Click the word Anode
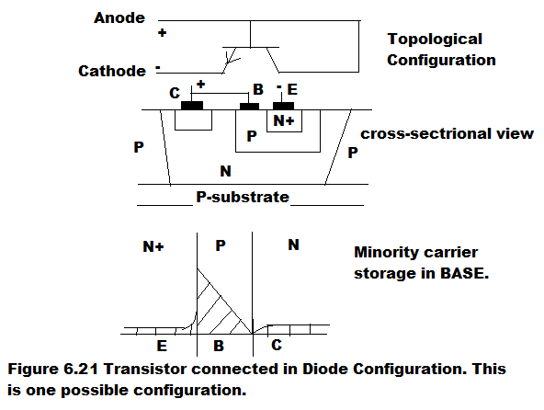(119, 17)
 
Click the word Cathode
(112, 71)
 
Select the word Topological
(435, 40)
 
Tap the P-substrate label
(243, 197)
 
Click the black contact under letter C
(192, 106)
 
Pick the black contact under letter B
(249, 107)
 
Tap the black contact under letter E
(283, 106)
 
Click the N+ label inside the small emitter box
(284, 120)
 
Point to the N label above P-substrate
(225, 171)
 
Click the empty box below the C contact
(193, 120)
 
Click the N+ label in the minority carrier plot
(153, 246)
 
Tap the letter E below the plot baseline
(162, 346)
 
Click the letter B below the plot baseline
(219, 346)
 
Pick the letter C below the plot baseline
(277, 345)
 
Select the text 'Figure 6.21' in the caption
(53, 369)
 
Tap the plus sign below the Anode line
(162, 33)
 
